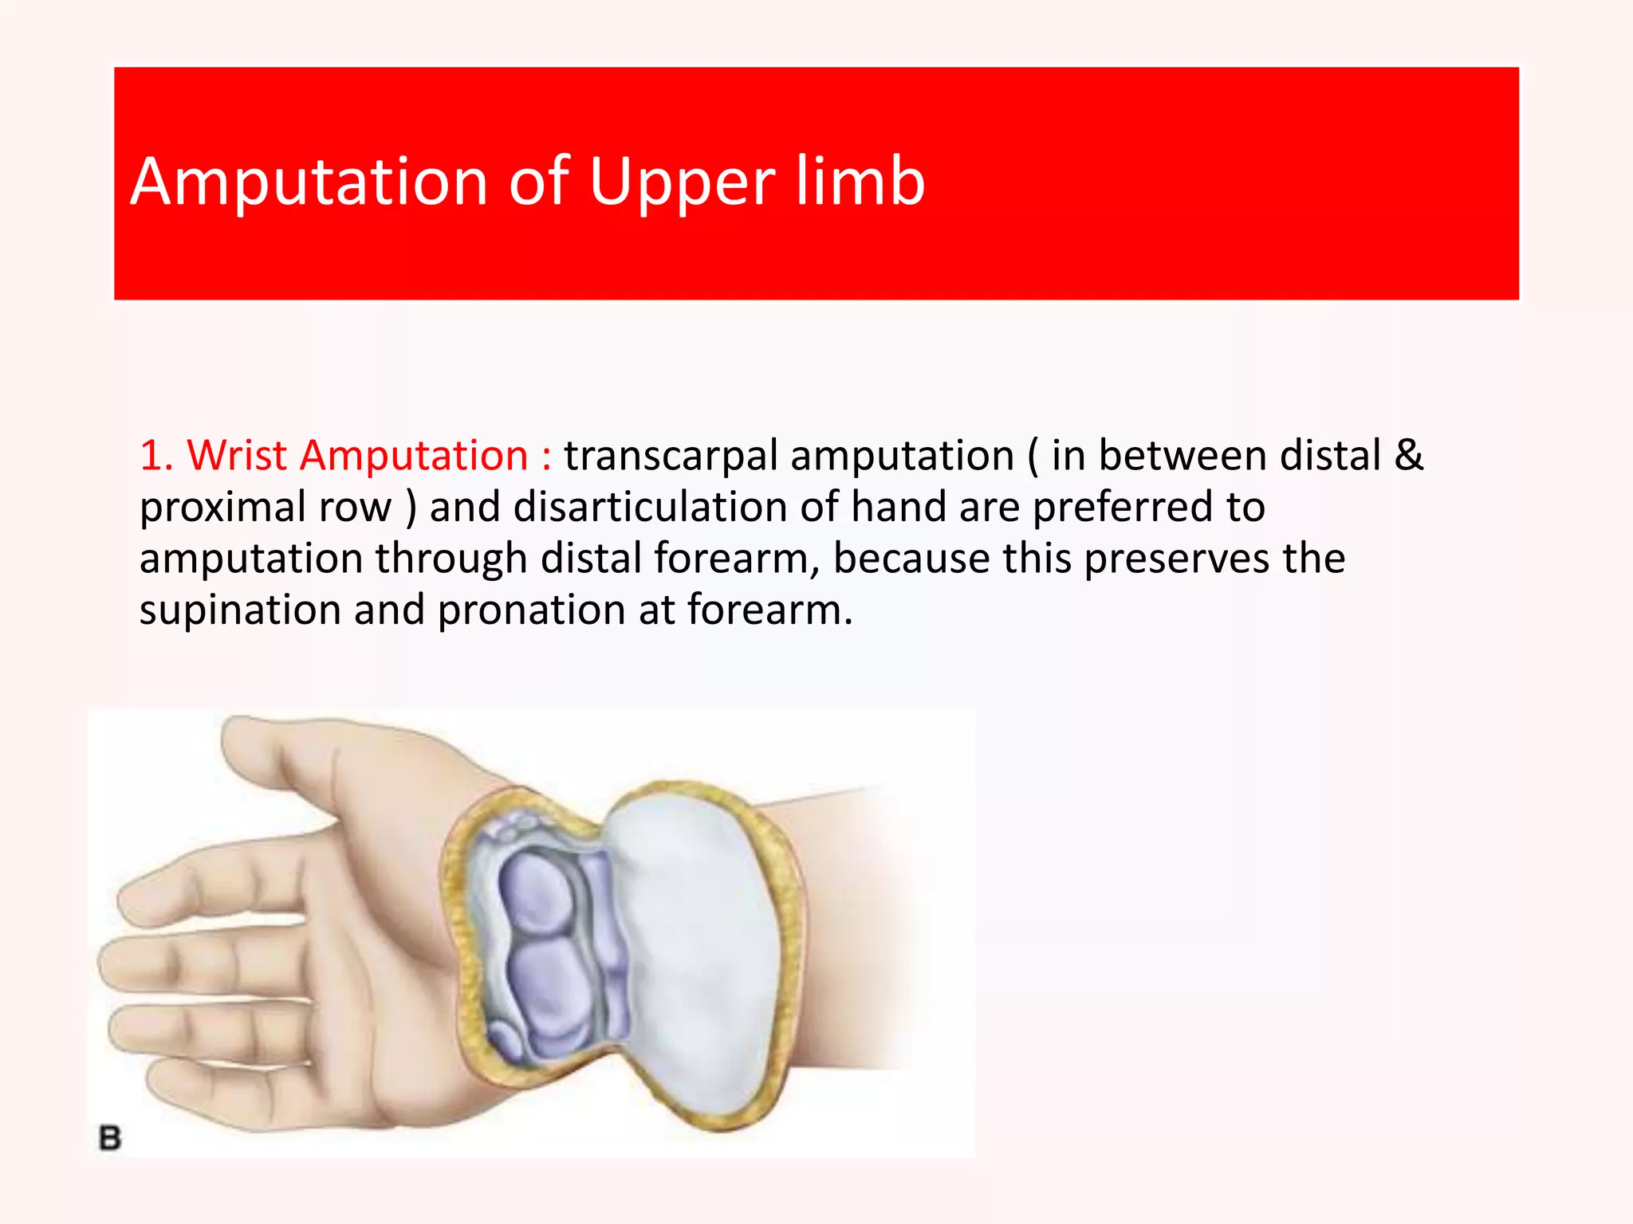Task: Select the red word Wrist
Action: click(x=237, y=456)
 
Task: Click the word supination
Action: click(x=240, y=610)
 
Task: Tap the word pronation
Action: click(x=531, y=610)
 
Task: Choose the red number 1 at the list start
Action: click(x=153, y=456)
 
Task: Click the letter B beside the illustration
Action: click(x=110, y=1137)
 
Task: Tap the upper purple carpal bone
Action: click(x=535, y=893)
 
